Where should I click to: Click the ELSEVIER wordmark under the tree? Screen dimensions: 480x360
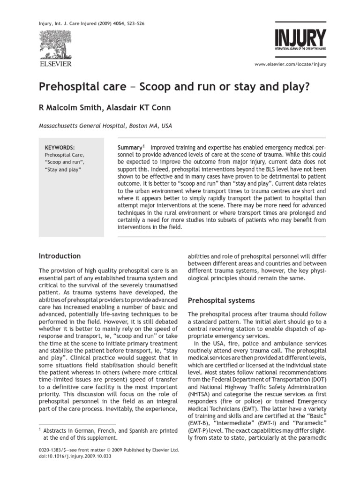tap(55, 63)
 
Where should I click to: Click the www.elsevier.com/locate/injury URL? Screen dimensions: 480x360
tap(290, 64)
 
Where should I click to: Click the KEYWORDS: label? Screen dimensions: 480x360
tap(59, 147)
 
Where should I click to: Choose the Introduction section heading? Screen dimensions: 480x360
tap(59, 256)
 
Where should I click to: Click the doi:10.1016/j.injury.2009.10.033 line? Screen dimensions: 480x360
tap(73, 457)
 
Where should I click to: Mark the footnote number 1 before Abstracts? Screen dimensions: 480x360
tap(40, 429)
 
